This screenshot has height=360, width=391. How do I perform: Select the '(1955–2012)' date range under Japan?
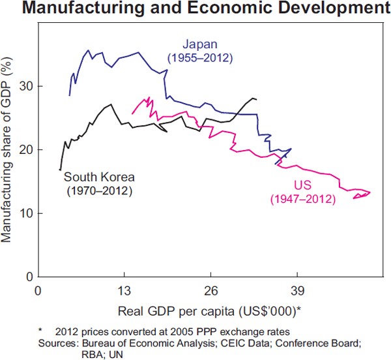click(200, 58)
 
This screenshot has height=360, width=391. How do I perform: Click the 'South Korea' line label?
click(99, 177)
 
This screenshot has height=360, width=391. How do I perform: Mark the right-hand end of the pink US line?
click(370, 192)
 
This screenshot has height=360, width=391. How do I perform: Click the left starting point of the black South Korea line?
click(60, 170)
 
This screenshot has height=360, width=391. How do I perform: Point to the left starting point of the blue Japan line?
click(70, 96)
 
